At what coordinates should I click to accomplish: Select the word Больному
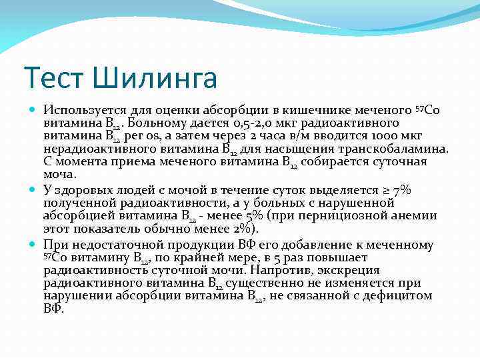pos(159,123)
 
